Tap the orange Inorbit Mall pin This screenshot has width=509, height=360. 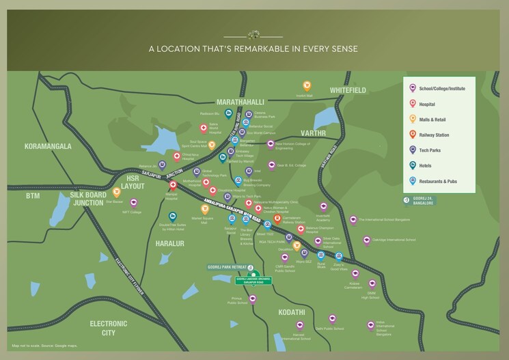click(307, 86)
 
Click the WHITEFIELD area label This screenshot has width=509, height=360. click(348, 90)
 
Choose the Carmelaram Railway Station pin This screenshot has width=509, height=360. click(277, 219)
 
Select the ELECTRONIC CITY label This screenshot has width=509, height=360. click(109, 328)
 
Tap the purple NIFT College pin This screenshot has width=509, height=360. click(133, 203)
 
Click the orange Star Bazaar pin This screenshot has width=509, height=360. click(116, 193)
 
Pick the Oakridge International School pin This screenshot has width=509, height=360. click(367, 240)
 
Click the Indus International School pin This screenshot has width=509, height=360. click(370, 325)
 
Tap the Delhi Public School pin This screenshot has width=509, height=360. click(332, 318)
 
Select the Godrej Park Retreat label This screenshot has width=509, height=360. click(227, 267)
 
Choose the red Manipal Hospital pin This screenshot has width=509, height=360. click(173, 185)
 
